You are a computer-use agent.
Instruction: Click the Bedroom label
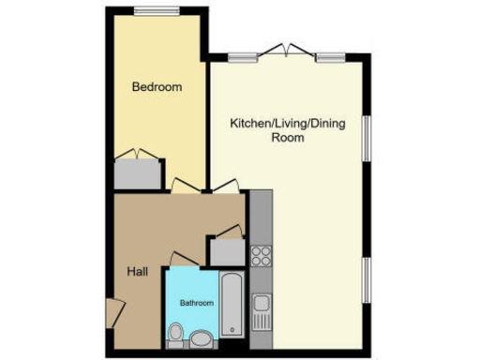(x=157, y=87)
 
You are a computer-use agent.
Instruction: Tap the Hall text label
(x=137, y=272)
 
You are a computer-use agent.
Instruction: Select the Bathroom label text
(x=197, y=303)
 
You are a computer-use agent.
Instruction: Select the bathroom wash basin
(x=202, y=337)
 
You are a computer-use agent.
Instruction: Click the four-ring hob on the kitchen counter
(x=262, y=255)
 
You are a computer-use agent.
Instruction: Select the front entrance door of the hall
(x=112, y=312)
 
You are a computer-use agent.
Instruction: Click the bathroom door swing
(x=183, y=257)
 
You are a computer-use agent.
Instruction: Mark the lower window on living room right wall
(x=367, y=280)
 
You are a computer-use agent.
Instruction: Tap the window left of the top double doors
(x=243, y=57)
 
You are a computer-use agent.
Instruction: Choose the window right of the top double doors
(x=329, y=57)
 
